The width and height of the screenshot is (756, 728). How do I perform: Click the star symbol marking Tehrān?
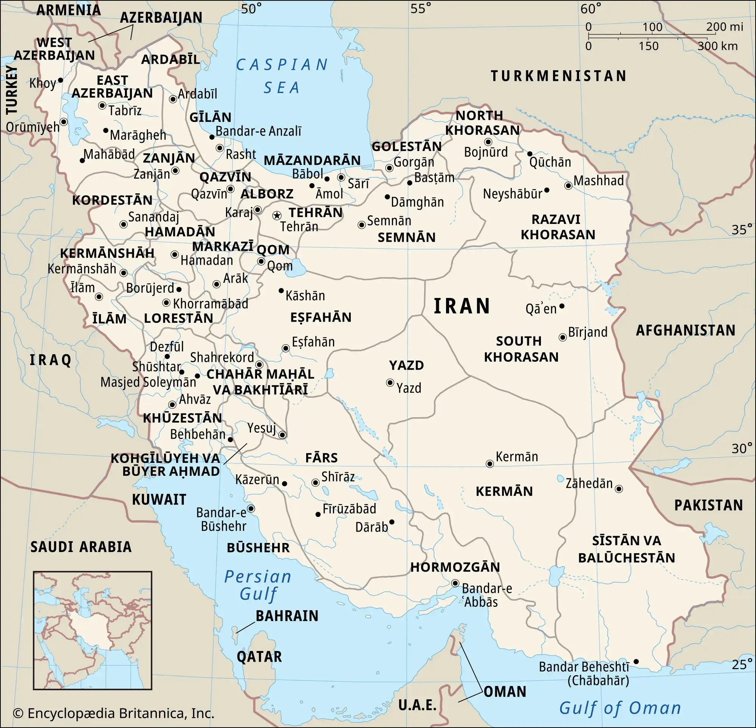tap(277, 216)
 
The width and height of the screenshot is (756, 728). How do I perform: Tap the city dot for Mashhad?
tap(568, 186)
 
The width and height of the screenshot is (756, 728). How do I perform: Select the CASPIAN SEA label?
tap(282, 76)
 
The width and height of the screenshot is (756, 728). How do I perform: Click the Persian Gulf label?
tap(258, 585)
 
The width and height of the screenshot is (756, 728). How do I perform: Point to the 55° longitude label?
tap(421, 8)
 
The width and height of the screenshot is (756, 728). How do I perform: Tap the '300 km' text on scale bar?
tap(717, 46)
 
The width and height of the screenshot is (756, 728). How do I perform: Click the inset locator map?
tap(93, 631)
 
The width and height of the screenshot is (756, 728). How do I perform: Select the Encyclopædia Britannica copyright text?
tap(113, 713)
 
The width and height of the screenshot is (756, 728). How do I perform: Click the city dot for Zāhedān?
tap(619, 489)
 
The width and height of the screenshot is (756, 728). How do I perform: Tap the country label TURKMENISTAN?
tap(559, 76)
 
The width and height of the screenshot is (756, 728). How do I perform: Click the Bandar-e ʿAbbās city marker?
tap(455, 583)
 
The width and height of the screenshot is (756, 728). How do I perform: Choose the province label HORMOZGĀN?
tap(455, 567)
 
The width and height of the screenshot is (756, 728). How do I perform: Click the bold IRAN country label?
tap(462, 306)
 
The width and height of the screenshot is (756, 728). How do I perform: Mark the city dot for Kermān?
tap(490, 464)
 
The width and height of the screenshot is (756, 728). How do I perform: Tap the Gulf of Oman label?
tap(620, 708)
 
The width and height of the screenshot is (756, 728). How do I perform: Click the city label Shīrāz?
tap(338, 477)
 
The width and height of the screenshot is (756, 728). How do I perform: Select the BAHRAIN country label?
tap(287, 616)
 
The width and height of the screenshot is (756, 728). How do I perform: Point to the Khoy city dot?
tap(60, 80)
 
